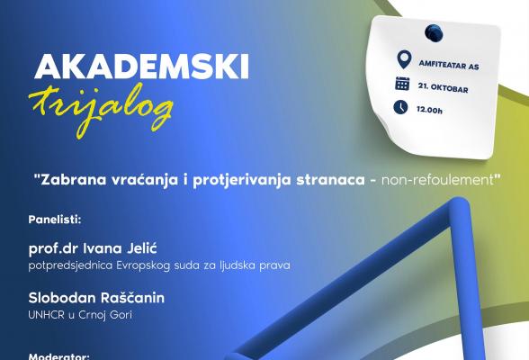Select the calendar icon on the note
click(402, 85)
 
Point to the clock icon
click(401, 107)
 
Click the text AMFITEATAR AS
click(448, 63)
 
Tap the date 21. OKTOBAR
click(441, 85)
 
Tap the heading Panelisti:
click(55, 218)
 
